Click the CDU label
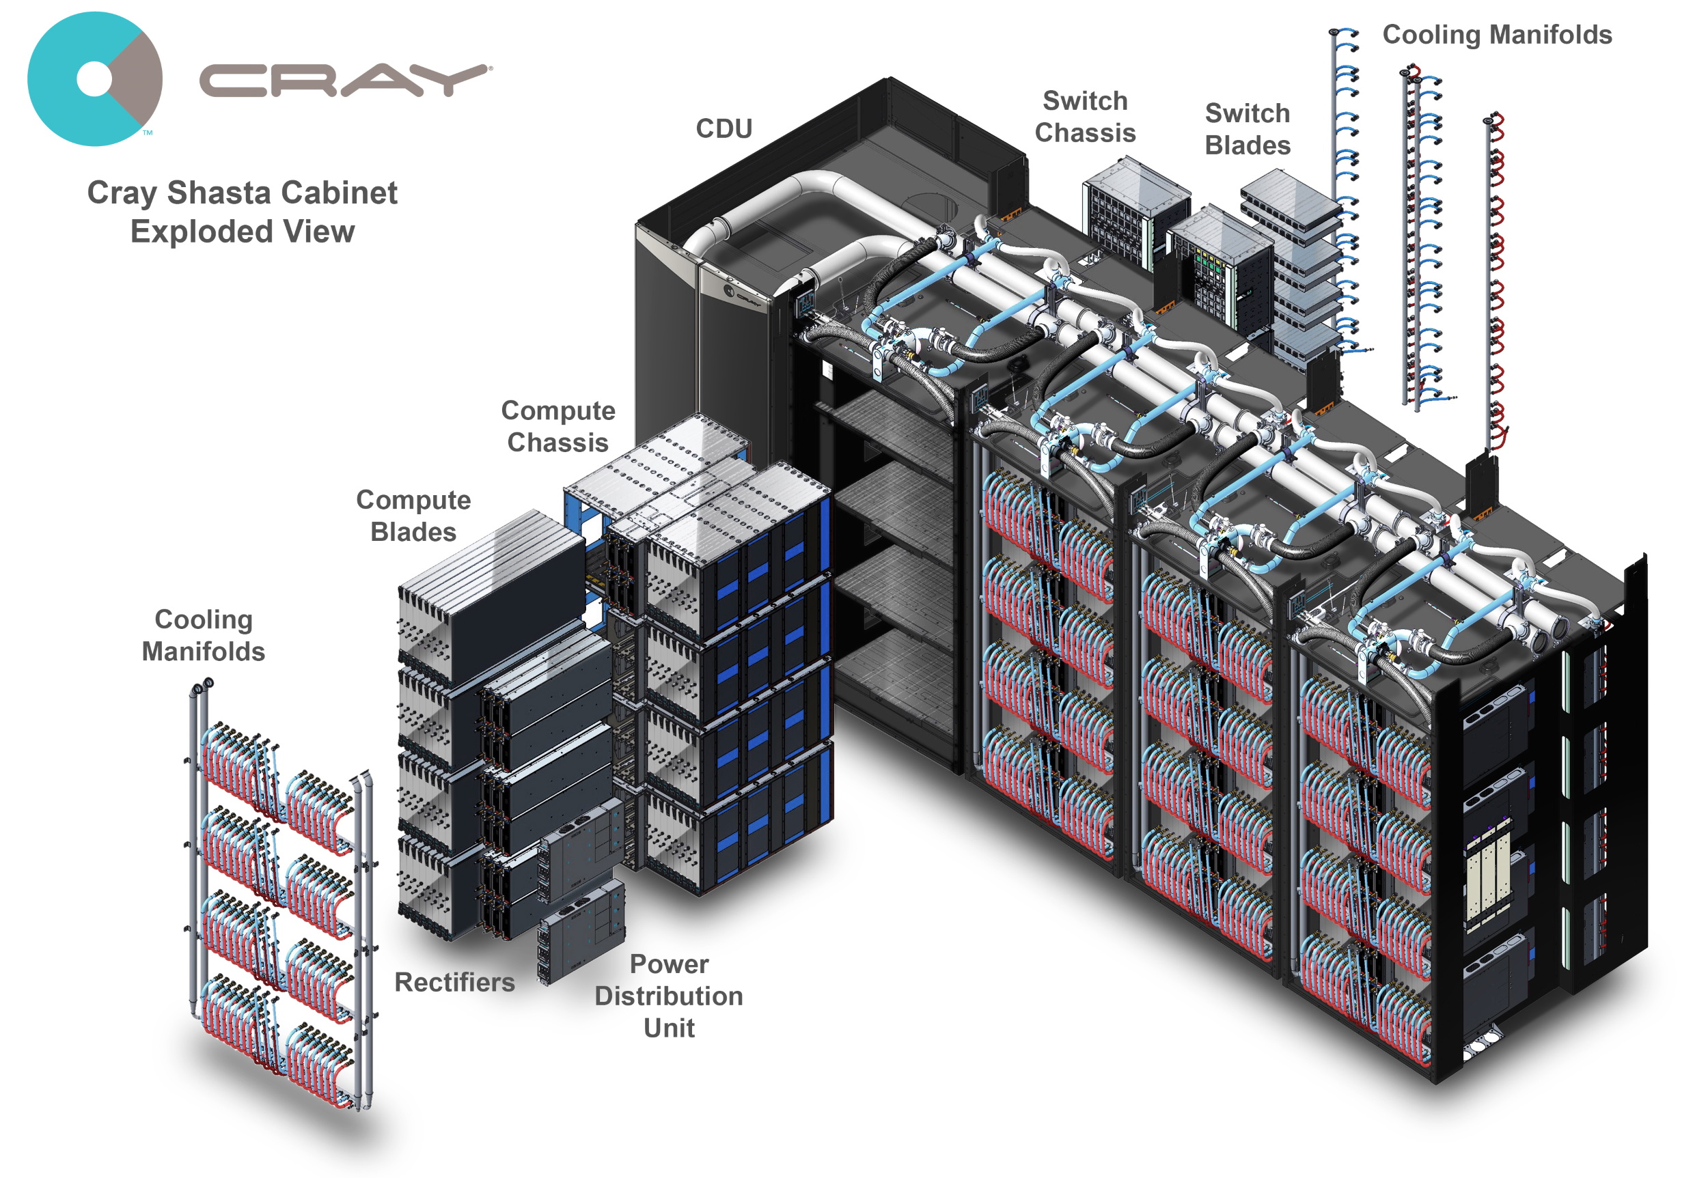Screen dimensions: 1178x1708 [x=724, y=128]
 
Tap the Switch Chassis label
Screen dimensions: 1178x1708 [x=1085, y=117]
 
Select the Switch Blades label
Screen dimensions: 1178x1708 [x=1248, y=129]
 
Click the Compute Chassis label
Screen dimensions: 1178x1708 [x=557, y=426]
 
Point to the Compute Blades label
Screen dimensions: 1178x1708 [x=413, y=515]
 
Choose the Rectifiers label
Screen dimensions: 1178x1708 [x=454, y=982]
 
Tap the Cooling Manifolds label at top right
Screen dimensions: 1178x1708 [x=1497, y=35]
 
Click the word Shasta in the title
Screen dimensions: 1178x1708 [x=219, y=193]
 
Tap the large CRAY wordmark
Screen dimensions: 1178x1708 [x=344, y=81]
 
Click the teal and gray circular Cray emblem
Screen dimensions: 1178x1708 [x=94, y=79]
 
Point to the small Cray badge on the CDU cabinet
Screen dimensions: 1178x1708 [x=742, y=296]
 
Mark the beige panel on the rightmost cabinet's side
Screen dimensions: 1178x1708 [x=1485, y=886]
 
